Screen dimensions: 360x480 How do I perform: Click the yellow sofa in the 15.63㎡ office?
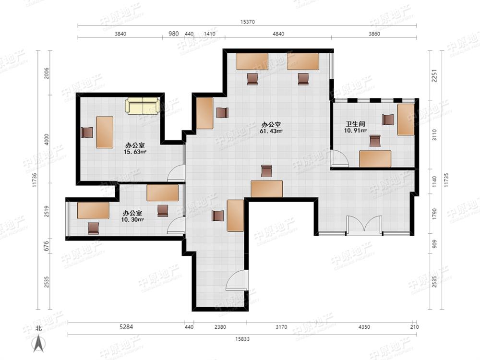143,106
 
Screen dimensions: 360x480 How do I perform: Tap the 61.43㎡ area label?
272,131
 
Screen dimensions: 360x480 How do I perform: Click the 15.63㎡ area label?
135,152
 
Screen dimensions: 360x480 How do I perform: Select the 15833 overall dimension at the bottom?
242,339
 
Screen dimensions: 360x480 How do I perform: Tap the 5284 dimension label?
125,327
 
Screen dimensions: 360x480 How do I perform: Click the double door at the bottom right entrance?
364,226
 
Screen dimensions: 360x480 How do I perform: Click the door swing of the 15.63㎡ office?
177,173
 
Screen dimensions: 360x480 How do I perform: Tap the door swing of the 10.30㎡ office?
176,226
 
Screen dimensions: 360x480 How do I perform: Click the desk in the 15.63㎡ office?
104,132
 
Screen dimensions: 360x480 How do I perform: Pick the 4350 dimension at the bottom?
364,327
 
